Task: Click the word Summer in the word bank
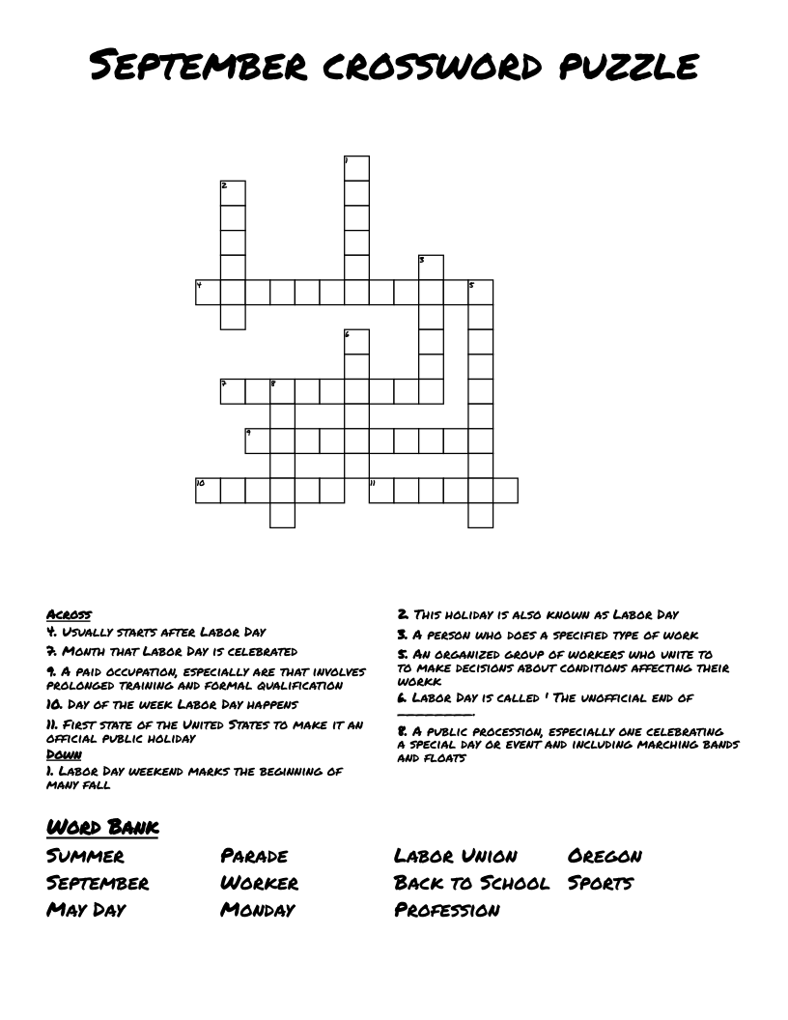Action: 85,856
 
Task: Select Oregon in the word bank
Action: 605,856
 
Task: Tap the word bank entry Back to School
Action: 471,883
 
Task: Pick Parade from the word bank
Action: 254,856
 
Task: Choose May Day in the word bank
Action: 86,910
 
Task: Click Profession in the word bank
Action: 447,910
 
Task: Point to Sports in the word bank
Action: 601,883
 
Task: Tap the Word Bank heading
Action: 101,827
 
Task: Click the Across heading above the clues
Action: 69,614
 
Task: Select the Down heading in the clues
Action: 64,754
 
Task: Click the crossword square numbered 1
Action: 357,168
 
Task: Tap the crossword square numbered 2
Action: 233,192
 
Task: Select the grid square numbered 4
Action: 208,292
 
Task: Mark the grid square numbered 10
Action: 208,490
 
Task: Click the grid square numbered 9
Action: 258,440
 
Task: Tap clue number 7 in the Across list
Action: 172,652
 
